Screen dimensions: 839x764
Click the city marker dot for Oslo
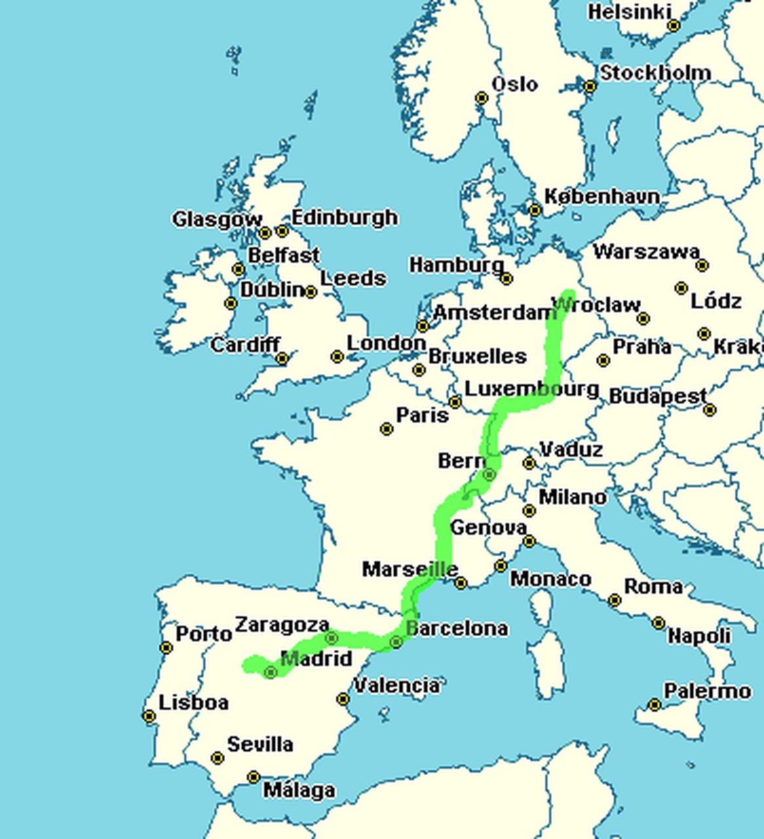coord(482,98)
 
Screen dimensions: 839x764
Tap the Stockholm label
coord(655,73)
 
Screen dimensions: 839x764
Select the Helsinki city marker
coord(674,26)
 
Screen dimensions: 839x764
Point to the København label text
coord(602,196)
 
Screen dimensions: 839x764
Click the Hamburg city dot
coord(506,279)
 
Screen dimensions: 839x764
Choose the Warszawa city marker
coord(702,265)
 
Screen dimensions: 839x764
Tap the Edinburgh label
coord(344,217)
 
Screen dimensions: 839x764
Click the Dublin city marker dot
coord(231,303)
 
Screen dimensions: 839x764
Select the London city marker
coord(337,357)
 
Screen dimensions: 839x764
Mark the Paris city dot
coord(387,429)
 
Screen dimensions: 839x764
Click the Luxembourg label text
coord(531,389)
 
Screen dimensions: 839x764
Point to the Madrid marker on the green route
coord(271,672)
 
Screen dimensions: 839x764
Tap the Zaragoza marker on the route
coord(332,638)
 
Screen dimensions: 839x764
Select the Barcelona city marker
coord(396,642)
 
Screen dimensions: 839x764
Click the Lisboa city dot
coord(149,716)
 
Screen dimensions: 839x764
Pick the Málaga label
coord(299,790)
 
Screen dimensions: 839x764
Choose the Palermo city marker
coord(655,705)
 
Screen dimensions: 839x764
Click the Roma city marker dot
coord(615,600)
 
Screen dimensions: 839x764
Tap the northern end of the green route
coord(568,296)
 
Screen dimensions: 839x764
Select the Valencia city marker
coord(343,699)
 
